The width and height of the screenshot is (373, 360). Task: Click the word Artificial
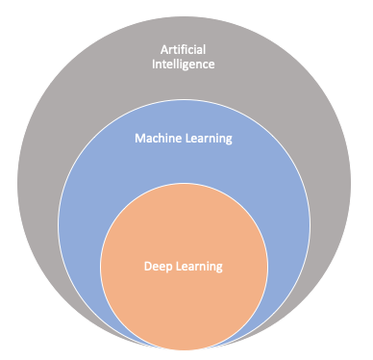(x=187, y=50)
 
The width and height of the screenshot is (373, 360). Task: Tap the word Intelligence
(x=187, y=65)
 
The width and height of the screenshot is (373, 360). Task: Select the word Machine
(x=156, y=139)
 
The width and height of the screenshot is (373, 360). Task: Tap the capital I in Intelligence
(x=156, y=65)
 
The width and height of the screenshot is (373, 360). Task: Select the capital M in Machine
(x=137, y=139)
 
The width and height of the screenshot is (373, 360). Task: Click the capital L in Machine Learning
(x=188, y=139)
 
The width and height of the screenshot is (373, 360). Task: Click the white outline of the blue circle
(x=58, y=213)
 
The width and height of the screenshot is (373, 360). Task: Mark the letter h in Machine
(x=164, y=139)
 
